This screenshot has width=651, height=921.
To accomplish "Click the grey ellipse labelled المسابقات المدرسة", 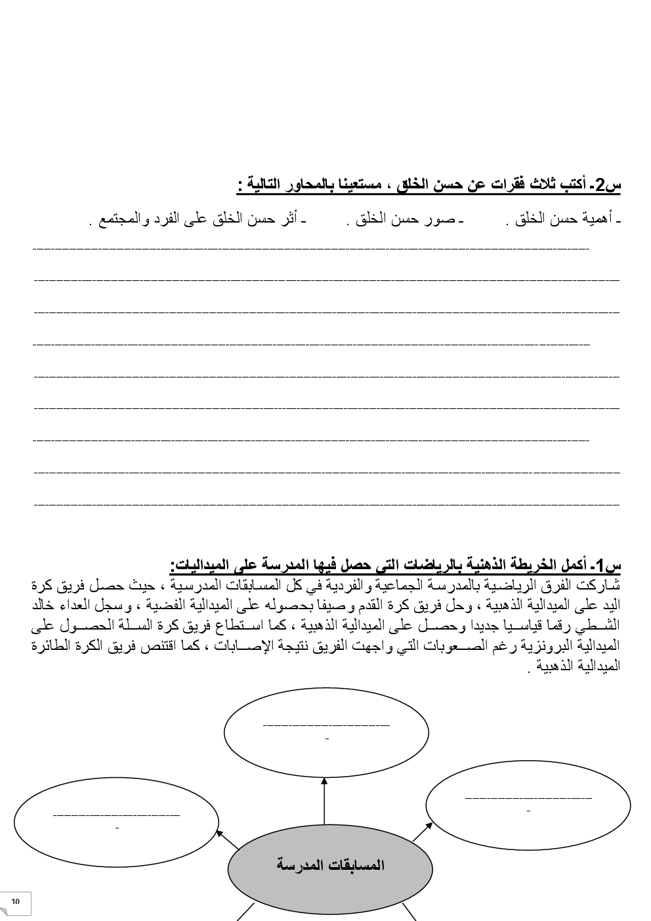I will (x=329, y=867).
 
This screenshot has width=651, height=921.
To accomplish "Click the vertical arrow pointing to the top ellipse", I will (x=324, y=801).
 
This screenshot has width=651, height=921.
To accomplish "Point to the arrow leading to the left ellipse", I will (x=228, y=842).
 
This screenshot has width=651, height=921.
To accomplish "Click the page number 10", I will (x=16, y=902).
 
